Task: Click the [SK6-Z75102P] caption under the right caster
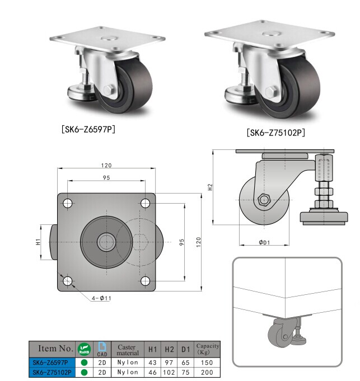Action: pos(275,133)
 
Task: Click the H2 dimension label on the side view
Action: pos(211,187)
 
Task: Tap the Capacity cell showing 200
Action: pos(207,371)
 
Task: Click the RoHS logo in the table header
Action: pos(84,350)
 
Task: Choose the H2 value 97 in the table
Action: pos(170,363)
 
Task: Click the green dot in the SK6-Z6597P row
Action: pos(85,363)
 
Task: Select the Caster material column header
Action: pos(128,350)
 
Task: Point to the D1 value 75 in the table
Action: pos(186,371)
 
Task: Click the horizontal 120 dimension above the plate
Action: pos(106,165)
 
